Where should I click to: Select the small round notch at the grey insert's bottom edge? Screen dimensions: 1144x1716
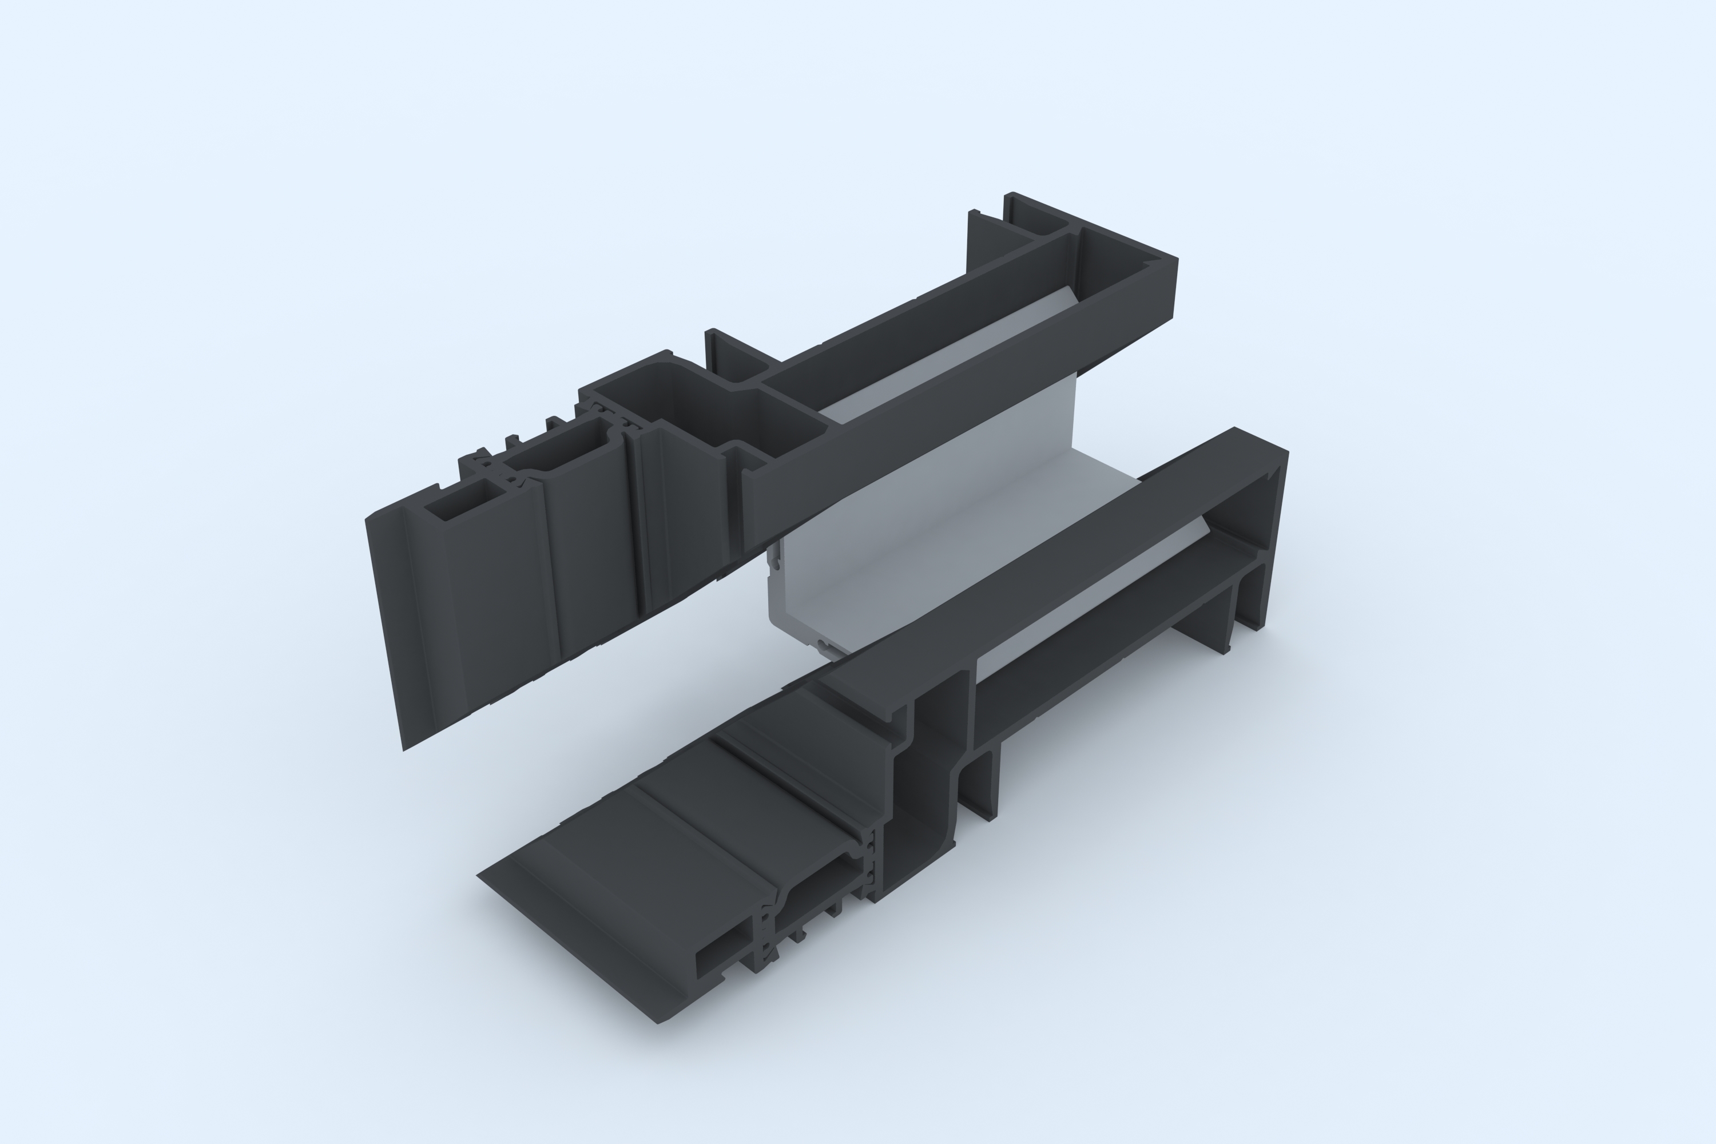coord(823,645)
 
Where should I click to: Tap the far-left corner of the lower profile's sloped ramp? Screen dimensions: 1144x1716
coord(479,876)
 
